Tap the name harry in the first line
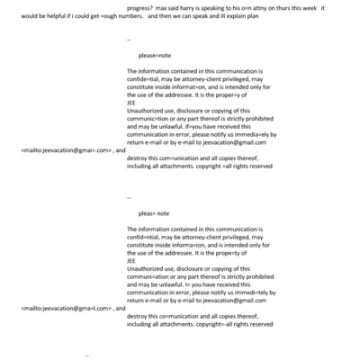[202, 8]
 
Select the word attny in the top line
[275, 8]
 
